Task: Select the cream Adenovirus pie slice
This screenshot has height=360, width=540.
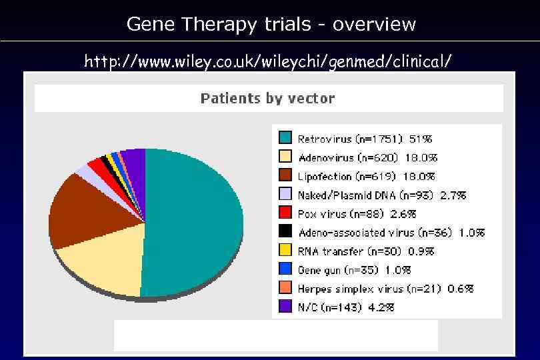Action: click(107, 263)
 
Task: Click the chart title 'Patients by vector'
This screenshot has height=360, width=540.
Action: click(267, 99)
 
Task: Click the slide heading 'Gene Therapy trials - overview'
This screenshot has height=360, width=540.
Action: click(271, 25)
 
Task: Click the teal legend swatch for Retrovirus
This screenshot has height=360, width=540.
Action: click(285, 138)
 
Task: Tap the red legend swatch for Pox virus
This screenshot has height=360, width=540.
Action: click(285, 213)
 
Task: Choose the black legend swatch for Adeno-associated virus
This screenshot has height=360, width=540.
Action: click(285, 231)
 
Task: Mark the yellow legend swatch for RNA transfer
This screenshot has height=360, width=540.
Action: click(285, 250)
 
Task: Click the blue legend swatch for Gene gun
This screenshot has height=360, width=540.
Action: click(285, 269)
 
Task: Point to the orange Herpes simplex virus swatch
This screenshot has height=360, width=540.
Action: click(285, 288)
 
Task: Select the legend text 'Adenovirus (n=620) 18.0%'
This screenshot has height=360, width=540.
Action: click(367, 157)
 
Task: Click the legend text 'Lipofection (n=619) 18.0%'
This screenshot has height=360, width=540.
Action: click(366, 176)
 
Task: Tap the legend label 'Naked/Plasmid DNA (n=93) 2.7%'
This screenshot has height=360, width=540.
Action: click(381, 195)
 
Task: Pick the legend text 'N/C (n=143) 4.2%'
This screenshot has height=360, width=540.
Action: click(345, 307)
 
